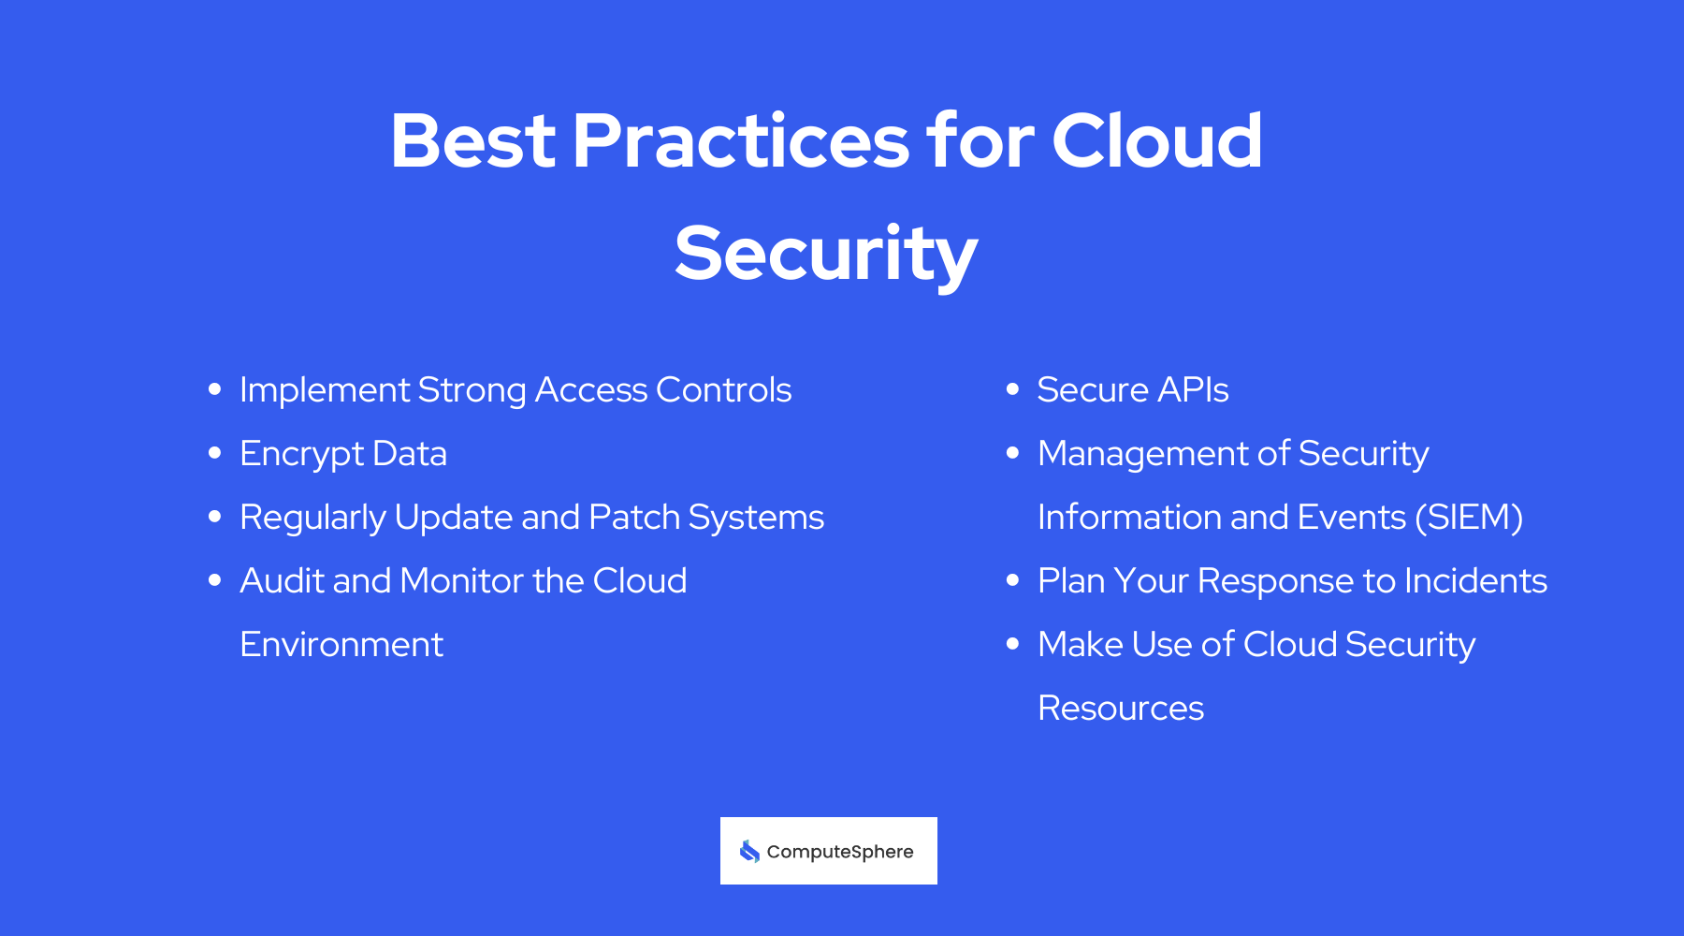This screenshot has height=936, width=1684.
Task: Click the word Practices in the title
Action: tap(739, 142)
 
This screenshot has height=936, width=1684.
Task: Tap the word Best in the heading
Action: tap(472, 142)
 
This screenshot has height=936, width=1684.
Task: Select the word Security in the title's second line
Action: tap(826, 255)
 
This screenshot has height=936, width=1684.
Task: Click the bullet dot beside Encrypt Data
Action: tap(215, 454)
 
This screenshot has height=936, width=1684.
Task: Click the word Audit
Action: tap(281, 581)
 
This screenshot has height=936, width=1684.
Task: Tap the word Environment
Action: tap(341, 645)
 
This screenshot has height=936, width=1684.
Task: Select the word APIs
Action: tap(1193, 390)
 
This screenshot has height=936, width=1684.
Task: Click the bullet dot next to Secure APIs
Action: tap(1012, 389)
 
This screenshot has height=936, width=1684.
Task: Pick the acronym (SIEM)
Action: tap(1469, 518)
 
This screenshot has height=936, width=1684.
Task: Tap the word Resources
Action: tap(1121, 709)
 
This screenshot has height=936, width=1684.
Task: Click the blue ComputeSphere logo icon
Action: tap(749, 851)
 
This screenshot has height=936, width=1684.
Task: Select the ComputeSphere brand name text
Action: tap(840, 852)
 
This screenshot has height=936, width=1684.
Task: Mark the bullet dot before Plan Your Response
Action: tap(1012, 581)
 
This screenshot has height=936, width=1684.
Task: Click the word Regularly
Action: tap(312, 518)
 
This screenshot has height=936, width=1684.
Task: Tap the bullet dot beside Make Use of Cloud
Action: tap(1012, 644)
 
